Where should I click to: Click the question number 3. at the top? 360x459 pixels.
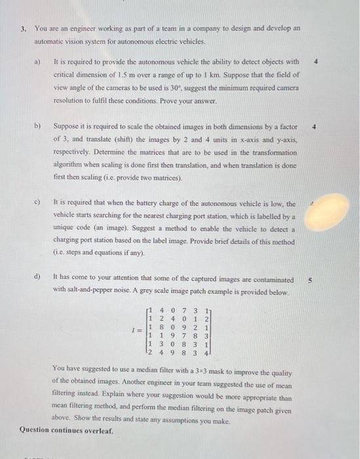[23, 29]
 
